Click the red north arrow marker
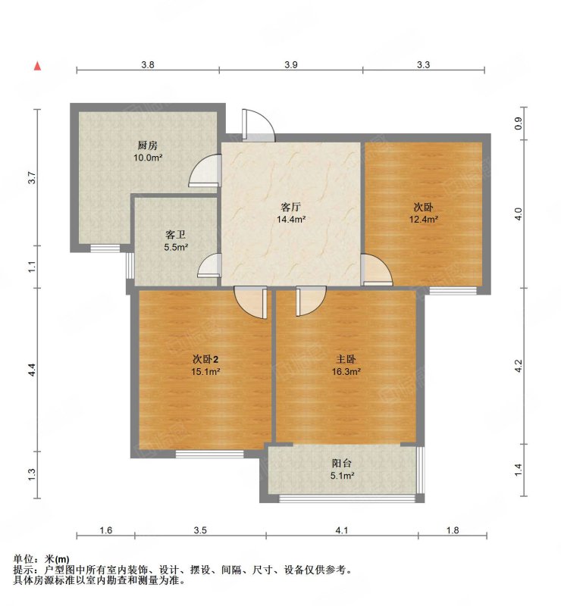[38, 66]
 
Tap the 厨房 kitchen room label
[147, 145]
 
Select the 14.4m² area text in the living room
[291, 220]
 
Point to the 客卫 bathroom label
[176, 235]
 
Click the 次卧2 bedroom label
[206, 359]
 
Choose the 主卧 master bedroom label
[346, 359]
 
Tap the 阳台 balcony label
[342, 463]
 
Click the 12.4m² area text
[424, 220]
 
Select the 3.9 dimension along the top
[291, 64]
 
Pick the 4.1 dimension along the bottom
[342, 530]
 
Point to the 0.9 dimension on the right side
[519, 123]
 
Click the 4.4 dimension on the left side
[33, 370]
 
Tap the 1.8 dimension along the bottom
[453, 530]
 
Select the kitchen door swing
[205, 171]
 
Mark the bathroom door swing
[209, 265]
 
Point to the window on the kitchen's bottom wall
[105, 248]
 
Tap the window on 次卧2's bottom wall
[210, 454]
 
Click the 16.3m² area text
[346, 372]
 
